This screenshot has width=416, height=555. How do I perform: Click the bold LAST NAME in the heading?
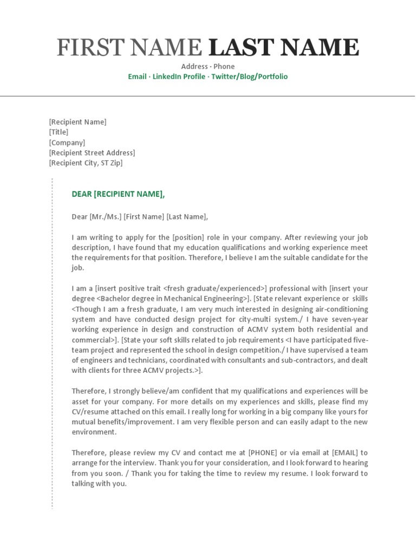point(283,48)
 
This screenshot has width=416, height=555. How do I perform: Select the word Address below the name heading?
point(194,67)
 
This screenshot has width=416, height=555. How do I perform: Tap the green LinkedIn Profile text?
point(179,76)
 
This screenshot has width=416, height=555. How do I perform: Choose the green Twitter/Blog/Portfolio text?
point(249,76)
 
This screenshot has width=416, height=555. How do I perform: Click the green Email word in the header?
point(137,76)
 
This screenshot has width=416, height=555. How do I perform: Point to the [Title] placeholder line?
point(58,132)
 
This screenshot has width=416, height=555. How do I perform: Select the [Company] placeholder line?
point(67,143)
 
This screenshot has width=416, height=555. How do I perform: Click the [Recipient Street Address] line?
point(92,153)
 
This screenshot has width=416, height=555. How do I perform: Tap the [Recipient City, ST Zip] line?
point(86,163)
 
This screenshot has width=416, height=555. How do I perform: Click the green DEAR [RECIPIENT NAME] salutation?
point(118,194)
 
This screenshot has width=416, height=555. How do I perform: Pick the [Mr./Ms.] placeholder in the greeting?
point(106,217)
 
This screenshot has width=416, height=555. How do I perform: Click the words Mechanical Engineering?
point(207,299)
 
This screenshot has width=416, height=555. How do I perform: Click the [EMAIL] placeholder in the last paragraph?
point(344,453)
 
